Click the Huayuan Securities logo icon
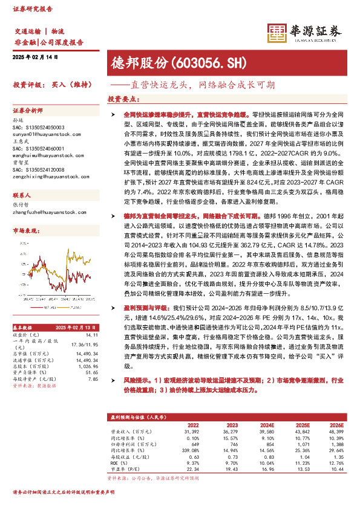[278, 33]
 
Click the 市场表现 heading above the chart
[25, 231]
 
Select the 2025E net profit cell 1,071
[303, 442]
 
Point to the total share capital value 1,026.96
[88, 349]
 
